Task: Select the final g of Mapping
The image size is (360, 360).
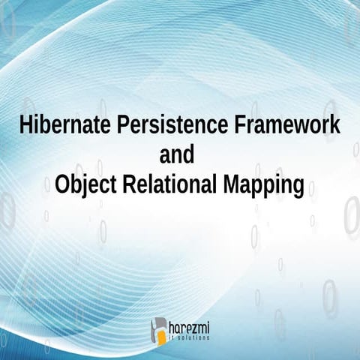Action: pos(298,187)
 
